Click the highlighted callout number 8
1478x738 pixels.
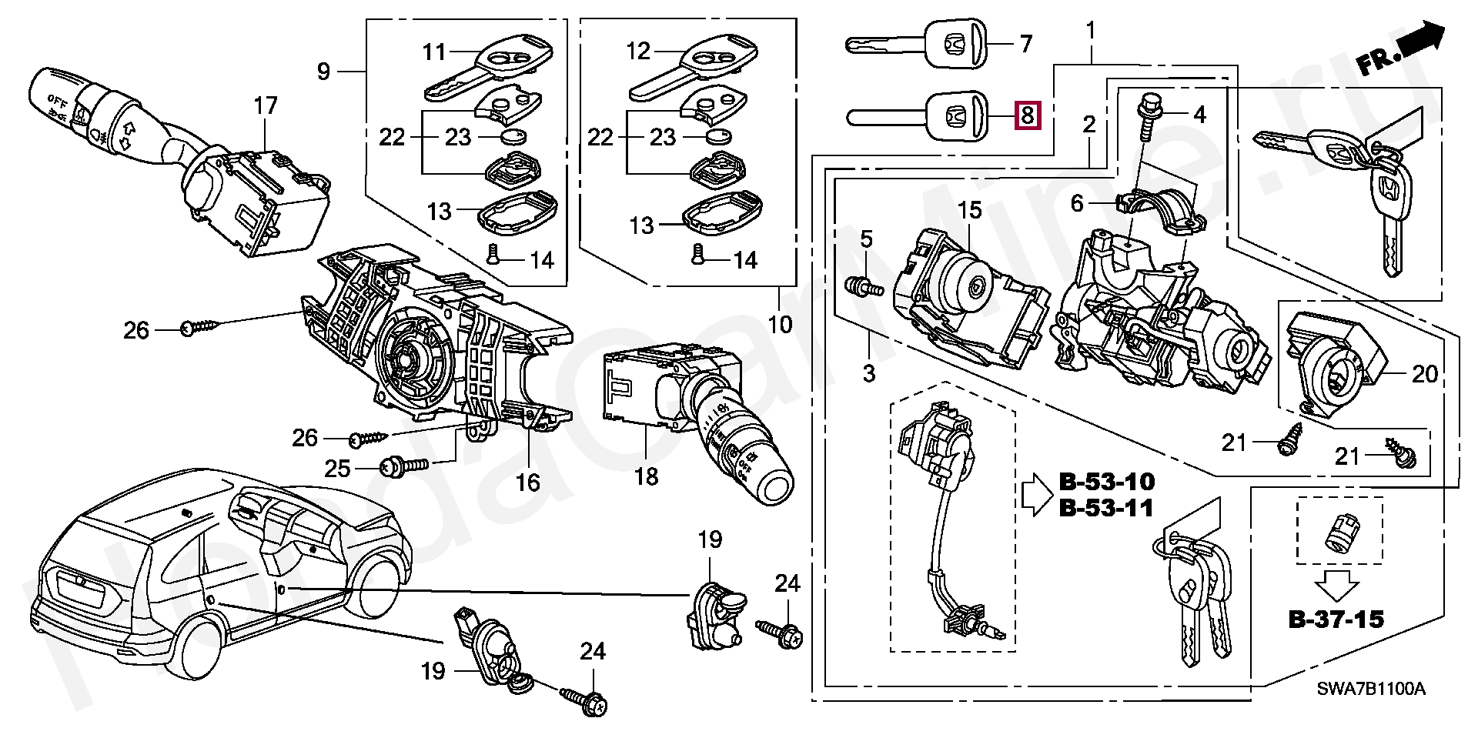click(1028, 115)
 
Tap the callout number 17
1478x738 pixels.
click(266, 105)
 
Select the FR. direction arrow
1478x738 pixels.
click(1400, 49)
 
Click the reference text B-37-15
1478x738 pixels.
click(1336, 619)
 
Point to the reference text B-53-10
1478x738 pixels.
click(1107, 482)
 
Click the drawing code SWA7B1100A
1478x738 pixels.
click(1371, 689)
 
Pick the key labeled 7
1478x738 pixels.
click(916, 45)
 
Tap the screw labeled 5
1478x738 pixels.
click(864, 286)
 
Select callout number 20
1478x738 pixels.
click(1425, 374)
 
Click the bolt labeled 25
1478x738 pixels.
click(405, 465)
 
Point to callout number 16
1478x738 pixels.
click(527, 483)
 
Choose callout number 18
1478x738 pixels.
click(646, 476)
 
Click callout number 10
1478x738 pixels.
click(780, 324)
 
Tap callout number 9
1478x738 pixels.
click(323, 72)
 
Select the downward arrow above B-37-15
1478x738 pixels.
click(1336, 584)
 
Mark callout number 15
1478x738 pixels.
click(969, 209)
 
